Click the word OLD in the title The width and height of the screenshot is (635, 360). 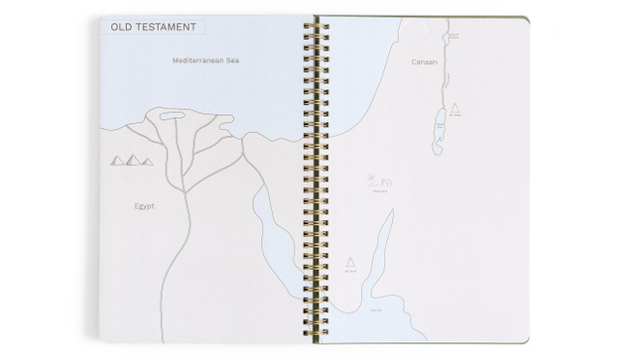coord(124,27)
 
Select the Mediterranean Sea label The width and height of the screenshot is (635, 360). coord(205,60)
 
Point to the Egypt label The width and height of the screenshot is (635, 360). coord(145,206)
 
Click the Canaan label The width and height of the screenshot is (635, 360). coord(424,61)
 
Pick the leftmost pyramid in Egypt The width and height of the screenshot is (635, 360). coord(117,161)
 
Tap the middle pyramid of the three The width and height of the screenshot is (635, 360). coord(132,159)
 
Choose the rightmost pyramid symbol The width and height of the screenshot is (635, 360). coord(147,161)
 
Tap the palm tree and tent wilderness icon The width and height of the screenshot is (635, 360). coord(379,181)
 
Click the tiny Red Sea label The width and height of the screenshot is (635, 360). coord(376,310)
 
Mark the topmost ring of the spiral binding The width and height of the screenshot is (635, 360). coord(320,19)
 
